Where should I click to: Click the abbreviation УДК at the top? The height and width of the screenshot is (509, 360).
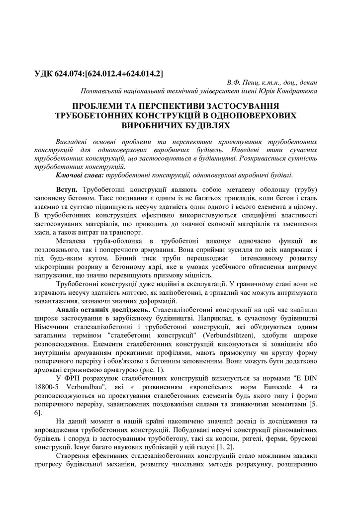tap(46, 74)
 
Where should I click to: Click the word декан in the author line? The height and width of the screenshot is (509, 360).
tap(307, 83)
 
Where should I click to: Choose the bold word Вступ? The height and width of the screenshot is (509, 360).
tap(67, 190)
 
